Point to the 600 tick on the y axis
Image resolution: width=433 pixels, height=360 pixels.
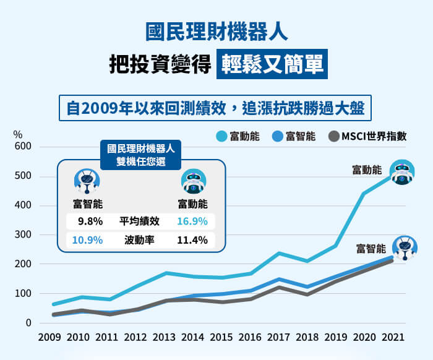point(23,147)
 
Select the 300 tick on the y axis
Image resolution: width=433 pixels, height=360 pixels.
point(23,235)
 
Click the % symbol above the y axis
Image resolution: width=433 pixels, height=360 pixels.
point(17,134)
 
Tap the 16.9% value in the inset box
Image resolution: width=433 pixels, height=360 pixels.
point(192,221)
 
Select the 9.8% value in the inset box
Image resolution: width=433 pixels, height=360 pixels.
point(90,221)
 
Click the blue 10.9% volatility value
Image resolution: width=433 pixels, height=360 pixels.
point(87,240)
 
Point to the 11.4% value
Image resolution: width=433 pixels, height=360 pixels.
point(192,240)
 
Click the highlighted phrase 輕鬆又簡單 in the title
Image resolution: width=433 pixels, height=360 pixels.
point(272,64)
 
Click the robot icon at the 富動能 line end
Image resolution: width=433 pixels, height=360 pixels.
point(402,173)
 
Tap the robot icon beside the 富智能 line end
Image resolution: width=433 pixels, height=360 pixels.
point(405,247)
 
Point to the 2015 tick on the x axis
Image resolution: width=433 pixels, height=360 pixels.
point(222,338)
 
